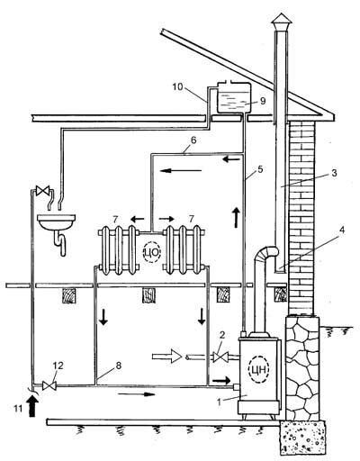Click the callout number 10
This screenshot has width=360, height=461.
click(177, 87)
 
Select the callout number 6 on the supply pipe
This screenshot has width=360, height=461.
click(193, 140)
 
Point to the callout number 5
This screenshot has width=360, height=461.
click(260, 169)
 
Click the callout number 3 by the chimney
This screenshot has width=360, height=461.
click(334, 173)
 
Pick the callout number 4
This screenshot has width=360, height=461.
click(342, 230)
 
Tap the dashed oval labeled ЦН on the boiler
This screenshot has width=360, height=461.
click(259, 369)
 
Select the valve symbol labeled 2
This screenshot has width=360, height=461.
click(220, 357)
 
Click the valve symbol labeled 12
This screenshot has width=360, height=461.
click(49, 385)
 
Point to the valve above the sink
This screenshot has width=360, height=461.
click(42, 191)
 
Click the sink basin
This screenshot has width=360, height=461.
click(57, 221)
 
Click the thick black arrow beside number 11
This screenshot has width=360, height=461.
click(32, 405)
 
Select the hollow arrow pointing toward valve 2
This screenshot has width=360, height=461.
click(167, 357)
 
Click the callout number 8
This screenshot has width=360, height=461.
click(119, 366)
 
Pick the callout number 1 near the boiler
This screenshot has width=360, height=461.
click(220, 402)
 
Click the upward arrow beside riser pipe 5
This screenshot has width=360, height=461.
click(236, 217)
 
